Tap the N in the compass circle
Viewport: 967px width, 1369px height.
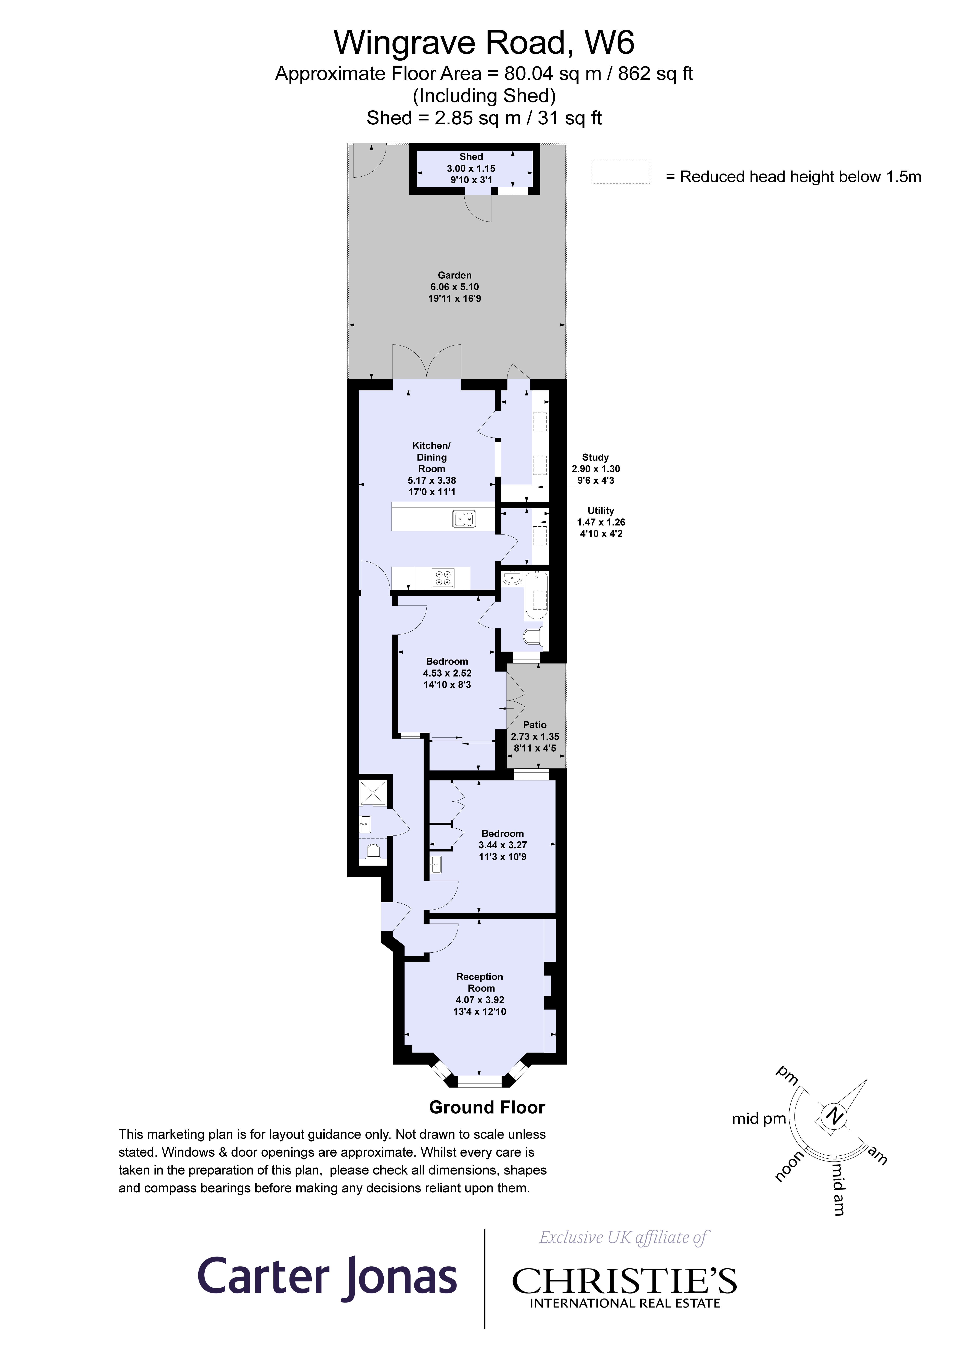835,1116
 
